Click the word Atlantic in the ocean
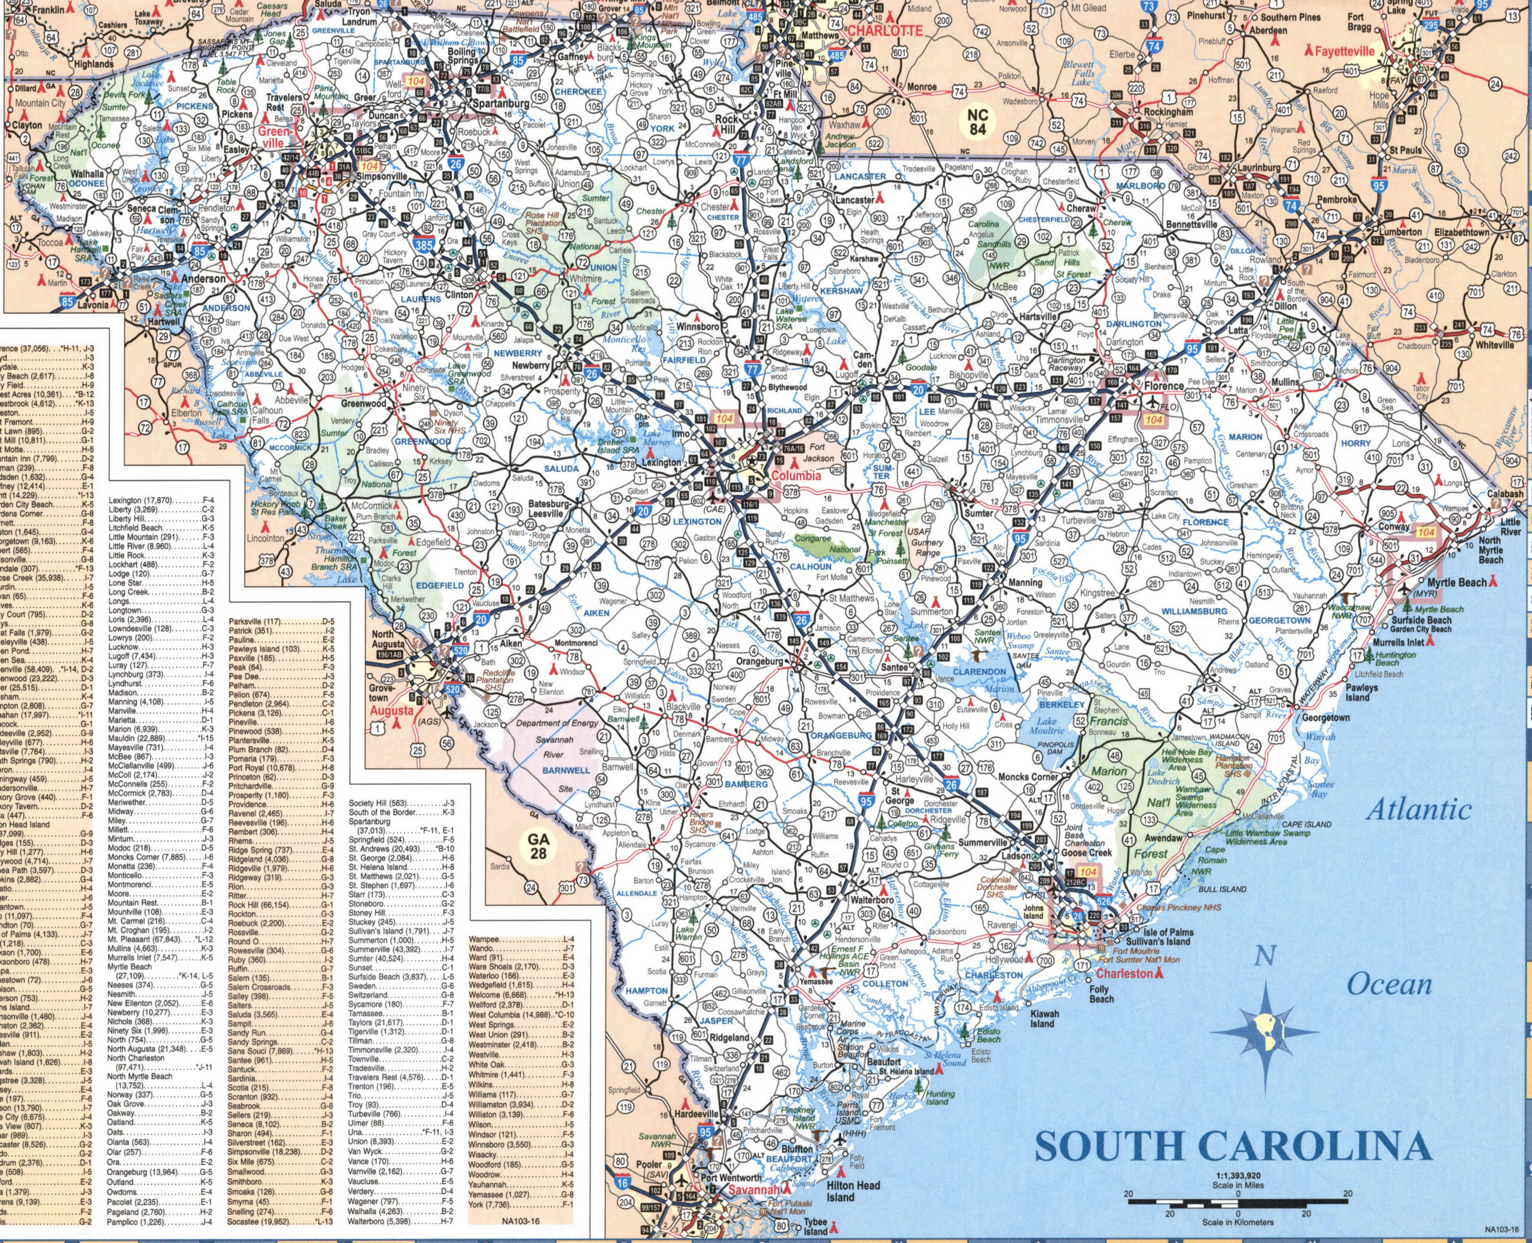[x=1418, y=810]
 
